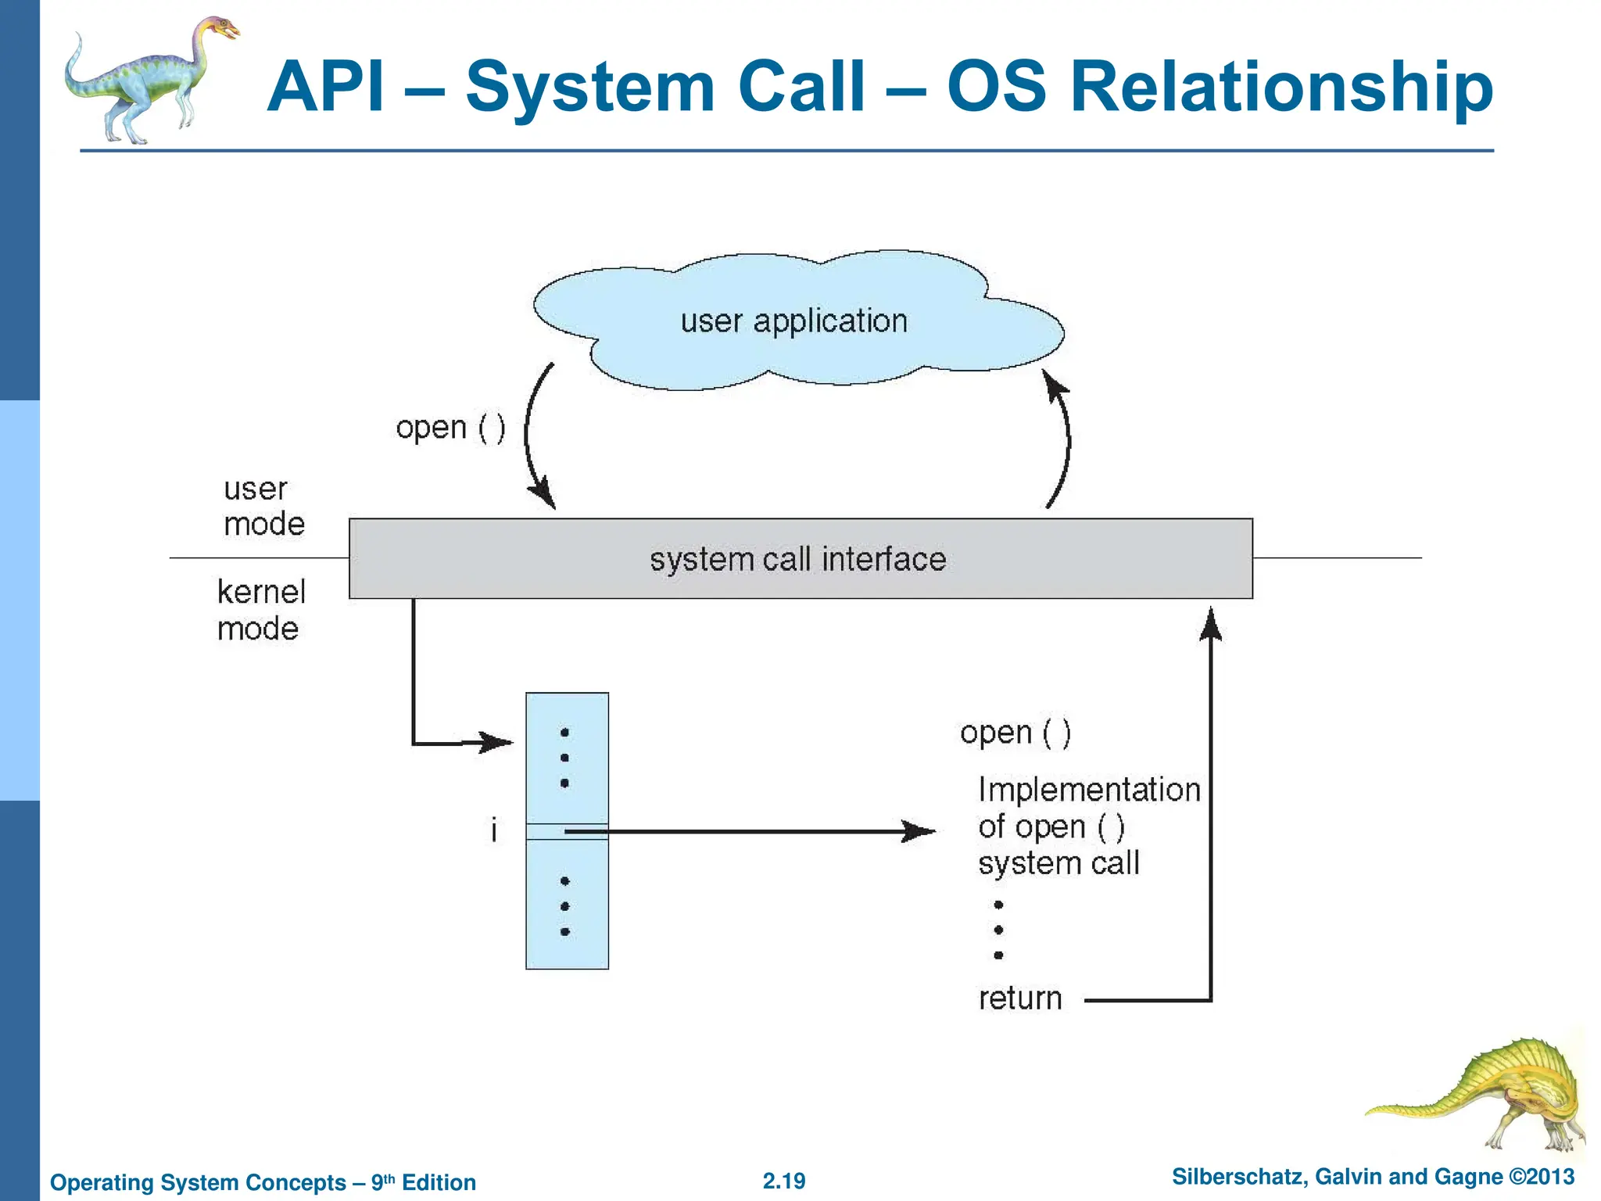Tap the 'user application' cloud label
pyautogui.click(x=793, y=321)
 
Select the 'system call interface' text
pyautogui.click(x=797, y=560)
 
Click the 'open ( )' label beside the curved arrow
pyautogui.click(x=450, y=428)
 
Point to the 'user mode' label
pyautogui.click(x=263, y=507)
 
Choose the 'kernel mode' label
pyautogui.click(x=260, y=611)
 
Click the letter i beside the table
pyautogui.click(x=494, y=830)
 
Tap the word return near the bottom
pyautogui.click(x=1020, y=998)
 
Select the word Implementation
pyautogui.click(x=1088, y=790)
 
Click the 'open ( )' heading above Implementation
pyautogui.click(x=1015, y=733)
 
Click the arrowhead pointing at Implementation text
pyautogui.click(x=920, y=831)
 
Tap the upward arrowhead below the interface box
pyautogui.click(x=1210, y=624)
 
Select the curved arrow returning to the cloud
pyautogui.click(x=1063, y=438)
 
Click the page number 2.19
pyautogui.click(x=784, y=1181)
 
